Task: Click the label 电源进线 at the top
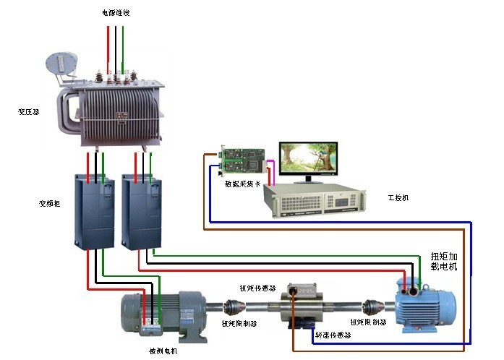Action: click(x=116, y=13)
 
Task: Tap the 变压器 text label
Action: click(x=29, y=112)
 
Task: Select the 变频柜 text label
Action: click(x=49, y=204)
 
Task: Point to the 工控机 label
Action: click(x=398, y=197)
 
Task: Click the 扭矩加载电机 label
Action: click(x=444, y=261)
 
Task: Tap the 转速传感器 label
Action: click(x=333, y=335)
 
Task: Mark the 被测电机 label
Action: click(x=163, y=351)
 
